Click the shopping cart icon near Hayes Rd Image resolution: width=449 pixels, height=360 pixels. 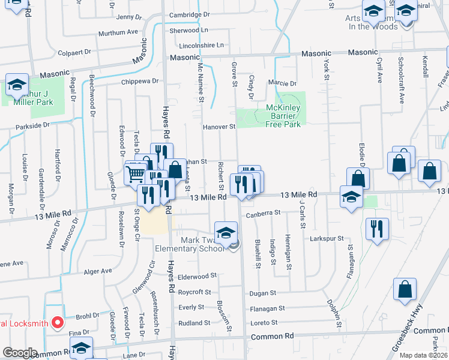tap(136, 174)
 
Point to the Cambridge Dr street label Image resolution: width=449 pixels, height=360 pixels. tap(189, 14)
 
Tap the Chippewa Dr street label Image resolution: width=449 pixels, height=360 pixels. tap(139, 81)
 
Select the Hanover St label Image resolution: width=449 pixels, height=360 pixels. tap(218, 127)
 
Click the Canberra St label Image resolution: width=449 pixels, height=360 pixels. tap(262, 212)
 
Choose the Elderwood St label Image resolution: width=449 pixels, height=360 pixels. tap(197, 276)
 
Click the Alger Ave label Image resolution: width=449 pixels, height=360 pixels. tap(98, 271)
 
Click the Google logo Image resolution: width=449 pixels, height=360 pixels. tap(20, 353)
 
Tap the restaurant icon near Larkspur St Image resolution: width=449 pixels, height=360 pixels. tap(378, 229)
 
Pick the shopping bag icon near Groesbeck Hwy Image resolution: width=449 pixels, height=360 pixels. tap(405, 289)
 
